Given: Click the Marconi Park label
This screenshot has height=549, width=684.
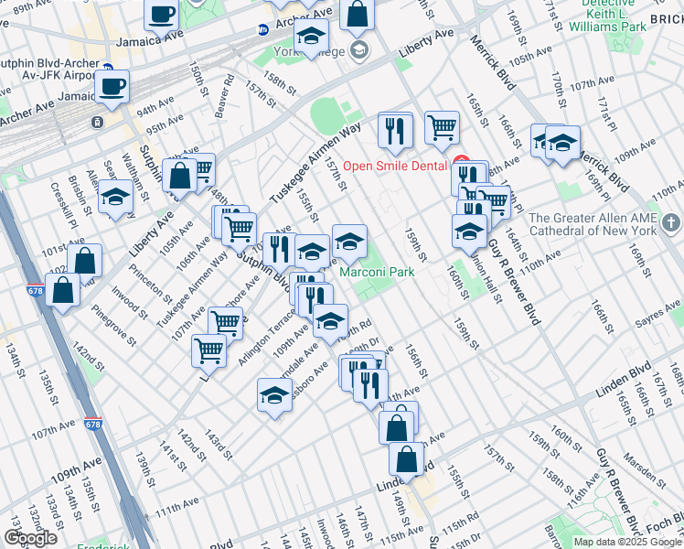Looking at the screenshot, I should (378, 272).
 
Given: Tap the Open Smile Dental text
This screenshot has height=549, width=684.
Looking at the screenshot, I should (399, 167).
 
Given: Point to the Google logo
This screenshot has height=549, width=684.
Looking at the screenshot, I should (30, 539).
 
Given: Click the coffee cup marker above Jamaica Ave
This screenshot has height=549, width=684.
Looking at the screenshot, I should (161, 16).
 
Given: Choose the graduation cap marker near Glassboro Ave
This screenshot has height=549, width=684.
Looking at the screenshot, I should (273, 395).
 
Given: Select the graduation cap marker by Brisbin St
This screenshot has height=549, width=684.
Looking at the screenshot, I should (116, 198).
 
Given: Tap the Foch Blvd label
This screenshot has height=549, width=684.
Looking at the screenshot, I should (662, 528).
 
